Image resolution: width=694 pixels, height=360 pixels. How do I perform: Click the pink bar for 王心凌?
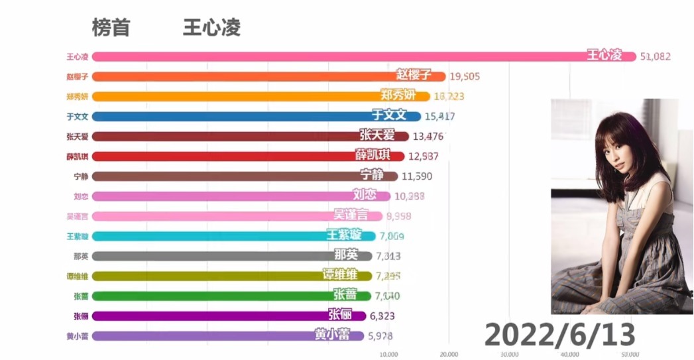coord(331,56)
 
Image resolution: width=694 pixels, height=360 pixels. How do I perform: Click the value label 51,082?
coord(656,57)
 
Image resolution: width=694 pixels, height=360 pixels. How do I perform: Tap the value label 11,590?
coord(418,176)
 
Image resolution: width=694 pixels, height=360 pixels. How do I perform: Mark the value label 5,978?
coord(384,336)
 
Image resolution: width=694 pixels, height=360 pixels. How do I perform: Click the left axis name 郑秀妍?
coord(78,96)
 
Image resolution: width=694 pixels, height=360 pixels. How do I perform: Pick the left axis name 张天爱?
coord(78,137)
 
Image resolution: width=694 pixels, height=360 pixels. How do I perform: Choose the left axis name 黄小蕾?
coord(78,336)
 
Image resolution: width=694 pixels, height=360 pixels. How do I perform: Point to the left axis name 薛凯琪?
coord(78,156)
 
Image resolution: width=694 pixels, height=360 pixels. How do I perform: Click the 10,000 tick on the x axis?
coord(388,353)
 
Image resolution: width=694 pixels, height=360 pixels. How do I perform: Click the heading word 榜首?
coord(111,28)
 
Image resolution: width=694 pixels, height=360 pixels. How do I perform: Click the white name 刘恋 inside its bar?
coord(365,196)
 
